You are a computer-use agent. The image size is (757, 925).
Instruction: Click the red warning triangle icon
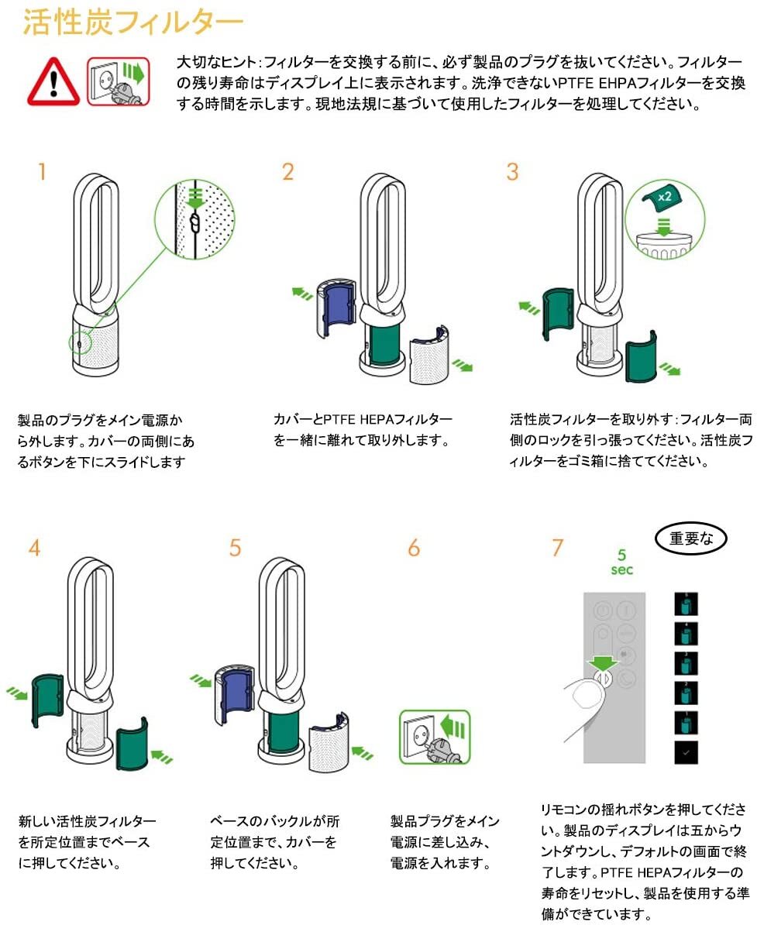click(x=53, y=82)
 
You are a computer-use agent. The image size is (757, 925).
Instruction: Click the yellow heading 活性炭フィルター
click(x=132, y=22)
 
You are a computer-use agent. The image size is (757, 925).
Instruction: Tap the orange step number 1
click(x=42, y=172)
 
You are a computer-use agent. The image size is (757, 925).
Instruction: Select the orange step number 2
click(x=288, y=172)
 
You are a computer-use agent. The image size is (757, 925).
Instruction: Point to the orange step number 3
click(x=512, y=172)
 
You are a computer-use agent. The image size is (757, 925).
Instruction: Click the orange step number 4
click(x=34, y=548)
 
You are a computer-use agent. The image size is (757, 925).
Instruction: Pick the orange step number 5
click(x=235, y=548)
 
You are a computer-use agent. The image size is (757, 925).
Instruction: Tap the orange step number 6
click(x=415, y=548)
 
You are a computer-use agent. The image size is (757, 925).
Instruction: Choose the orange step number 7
click(x=558, y=548)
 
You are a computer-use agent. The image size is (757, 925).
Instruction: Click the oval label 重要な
click(x=691, y=538)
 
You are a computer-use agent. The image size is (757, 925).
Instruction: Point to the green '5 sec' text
click(x=622, y=562)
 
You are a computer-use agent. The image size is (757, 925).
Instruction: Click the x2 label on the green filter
click(x=665, y=197)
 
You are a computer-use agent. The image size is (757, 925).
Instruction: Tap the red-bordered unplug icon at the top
click(x=119, y=81)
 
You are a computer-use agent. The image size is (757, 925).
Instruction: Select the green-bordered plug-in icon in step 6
click(x=435, y=738)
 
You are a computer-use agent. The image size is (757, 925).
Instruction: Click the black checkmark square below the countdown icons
click(x=686, y=753)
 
